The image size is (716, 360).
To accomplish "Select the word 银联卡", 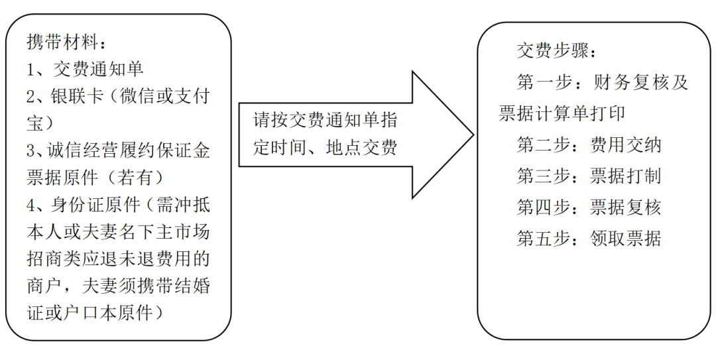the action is [x=77, y=96].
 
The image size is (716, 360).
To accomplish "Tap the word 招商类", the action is [x=54, y=259].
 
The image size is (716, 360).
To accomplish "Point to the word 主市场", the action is [x=183, y=231].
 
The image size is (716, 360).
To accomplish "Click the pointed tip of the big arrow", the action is [x=473, y=135].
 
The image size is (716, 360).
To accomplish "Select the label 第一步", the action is [x=544, y=82].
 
